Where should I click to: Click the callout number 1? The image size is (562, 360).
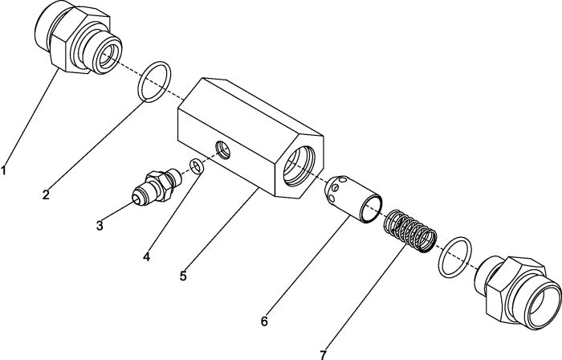coord(3,170)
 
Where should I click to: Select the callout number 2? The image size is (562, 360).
coord(46,194)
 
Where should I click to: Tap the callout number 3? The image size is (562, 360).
coord(100,226)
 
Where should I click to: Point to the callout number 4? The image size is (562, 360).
coord(147,256)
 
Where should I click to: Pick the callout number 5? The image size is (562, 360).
coord(183,276)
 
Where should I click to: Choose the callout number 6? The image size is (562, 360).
coord(264,321)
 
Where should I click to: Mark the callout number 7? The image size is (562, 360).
coord(324,355)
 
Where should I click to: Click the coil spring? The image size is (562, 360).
coord(410,231)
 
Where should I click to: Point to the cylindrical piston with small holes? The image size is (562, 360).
coord(353,199)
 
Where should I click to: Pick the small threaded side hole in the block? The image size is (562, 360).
coord(223,149)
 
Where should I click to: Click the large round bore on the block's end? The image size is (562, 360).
coord(299,166)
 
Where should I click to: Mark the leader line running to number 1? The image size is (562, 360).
coord(31,117)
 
